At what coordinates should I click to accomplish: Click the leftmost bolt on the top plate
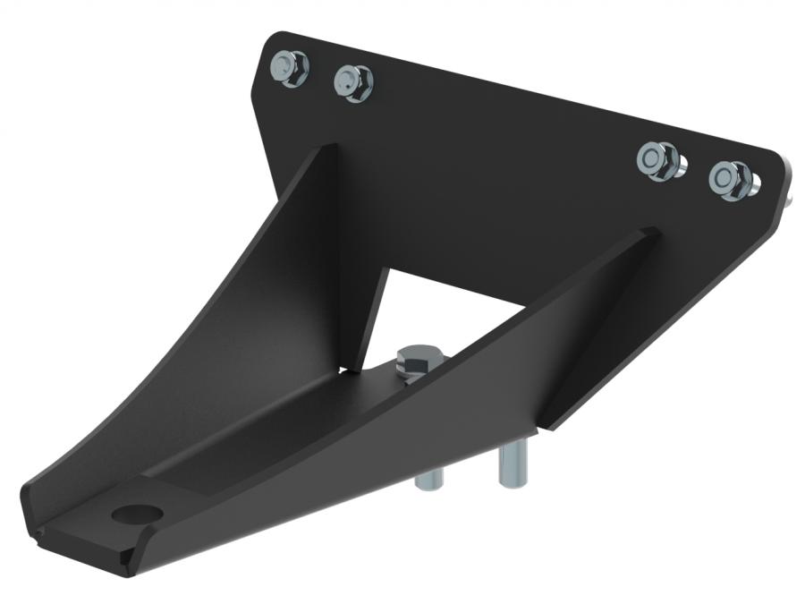(x=289, y=67)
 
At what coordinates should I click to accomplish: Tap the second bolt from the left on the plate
(x=353, y=83)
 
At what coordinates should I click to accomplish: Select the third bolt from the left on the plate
(x=660, y=160)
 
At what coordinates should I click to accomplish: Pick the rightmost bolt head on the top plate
(x=731, y=178)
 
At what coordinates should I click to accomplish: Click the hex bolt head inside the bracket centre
(x=416, y=361)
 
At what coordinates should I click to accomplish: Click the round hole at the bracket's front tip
(x=138, y=515)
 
